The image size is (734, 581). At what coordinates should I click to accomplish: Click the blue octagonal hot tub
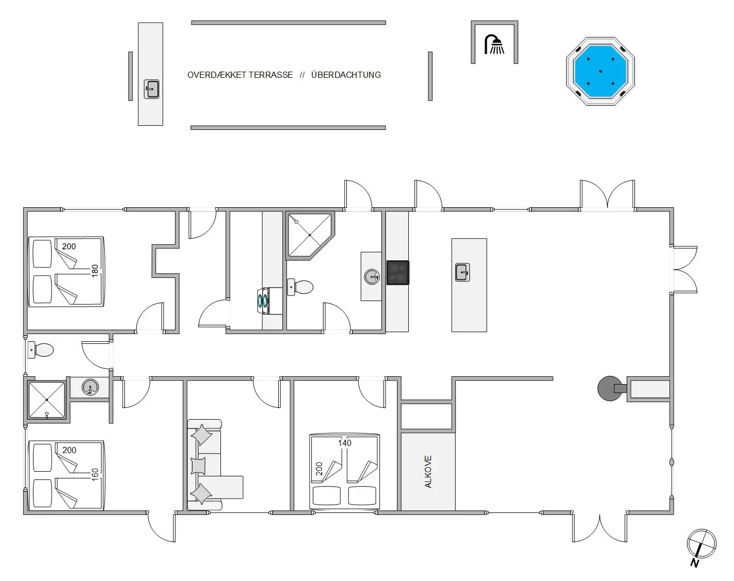600,71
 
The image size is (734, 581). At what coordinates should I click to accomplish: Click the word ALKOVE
428,471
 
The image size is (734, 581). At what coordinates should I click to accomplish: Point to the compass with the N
701,544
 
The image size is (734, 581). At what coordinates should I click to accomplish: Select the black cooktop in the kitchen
398,273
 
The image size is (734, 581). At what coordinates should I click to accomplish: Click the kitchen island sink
462,272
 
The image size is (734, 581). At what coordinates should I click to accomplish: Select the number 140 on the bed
345,443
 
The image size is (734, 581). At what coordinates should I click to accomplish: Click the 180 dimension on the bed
95,271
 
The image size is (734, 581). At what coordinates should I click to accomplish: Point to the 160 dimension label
95,474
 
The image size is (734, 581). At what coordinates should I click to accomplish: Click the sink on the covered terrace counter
151,89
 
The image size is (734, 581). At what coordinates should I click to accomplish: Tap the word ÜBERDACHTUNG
346,75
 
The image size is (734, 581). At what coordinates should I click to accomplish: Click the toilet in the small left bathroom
41,350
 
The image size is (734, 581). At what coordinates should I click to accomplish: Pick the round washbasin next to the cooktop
372,277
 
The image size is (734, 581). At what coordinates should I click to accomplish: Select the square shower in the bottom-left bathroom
46,400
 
